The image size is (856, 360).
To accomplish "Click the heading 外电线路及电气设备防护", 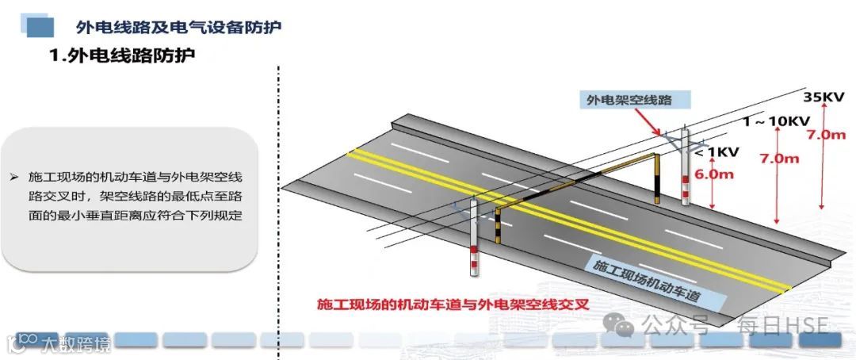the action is (x=178, y=26).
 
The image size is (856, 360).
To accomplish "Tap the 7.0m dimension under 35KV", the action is (x=826, y=135).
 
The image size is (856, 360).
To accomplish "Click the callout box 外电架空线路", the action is (x=629, y=100).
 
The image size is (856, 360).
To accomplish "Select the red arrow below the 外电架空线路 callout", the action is (x=651, y=124).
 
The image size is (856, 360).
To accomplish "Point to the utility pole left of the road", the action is (x=473, y=238).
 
